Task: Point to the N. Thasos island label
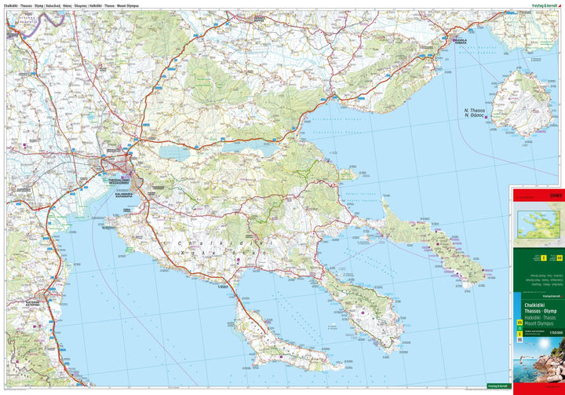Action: point(473,112)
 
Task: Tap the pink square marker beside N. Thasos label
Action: point(487,119)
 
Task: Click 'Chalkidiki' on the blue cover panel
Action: point(533,303)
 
